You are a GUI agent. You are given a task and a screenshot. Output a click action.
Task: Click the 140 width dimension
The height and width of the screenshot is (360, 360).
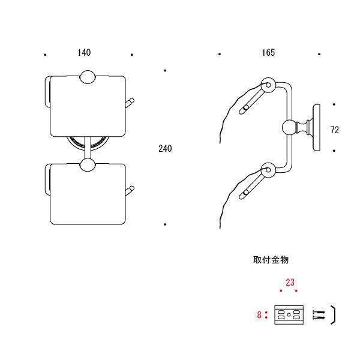[x=84, y=53]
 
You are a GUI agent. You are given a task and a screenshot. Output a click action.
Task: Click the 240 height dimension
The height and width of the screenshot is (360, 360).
[x=165, y=149]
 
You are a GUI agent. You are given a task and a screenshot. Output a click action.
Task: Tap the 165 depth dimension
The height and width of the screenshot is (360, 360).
[x=268, y=53]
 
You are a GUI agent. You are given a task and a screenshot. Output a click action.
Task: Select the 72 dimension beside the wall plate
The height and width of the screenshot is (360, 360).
[x=335, y=130]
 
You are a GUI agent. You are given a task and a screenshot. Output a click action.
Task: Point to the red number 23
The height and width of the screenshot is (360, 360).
[x=290, y=282]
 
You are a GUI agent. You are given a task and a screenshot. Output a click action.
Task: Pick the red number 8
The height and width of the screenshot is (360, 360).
[x=259, y=314]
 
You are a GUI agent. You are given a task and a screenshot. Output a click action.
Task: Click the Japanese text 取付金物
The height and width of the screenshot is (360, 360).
[x=271, y=260]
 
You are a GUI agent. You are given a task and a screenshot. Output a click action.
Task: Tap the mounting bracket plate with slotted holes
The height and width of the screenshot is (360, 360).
[x=289, y=315]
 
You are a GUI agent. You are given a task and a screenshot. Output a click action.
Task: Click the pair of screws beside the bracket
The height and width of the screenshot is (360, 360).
[x=319, y=315]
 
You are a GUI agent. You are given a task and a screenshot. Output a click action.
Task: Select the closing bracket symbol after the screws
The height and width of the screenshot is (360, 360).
[x=334, y=315]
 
